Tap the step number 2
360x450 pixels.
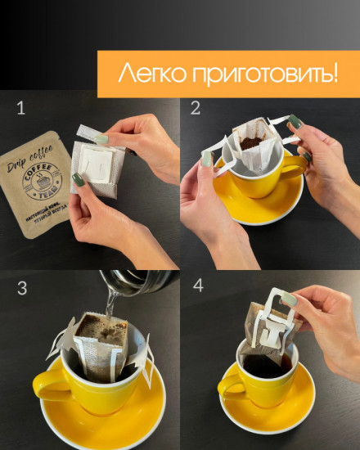196,108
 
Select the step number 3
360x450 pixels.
22,289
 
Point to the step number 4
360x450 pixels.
196,289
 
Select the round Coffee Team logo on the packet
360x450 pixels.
44,181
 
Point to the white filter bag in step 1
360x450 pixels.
97,168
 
